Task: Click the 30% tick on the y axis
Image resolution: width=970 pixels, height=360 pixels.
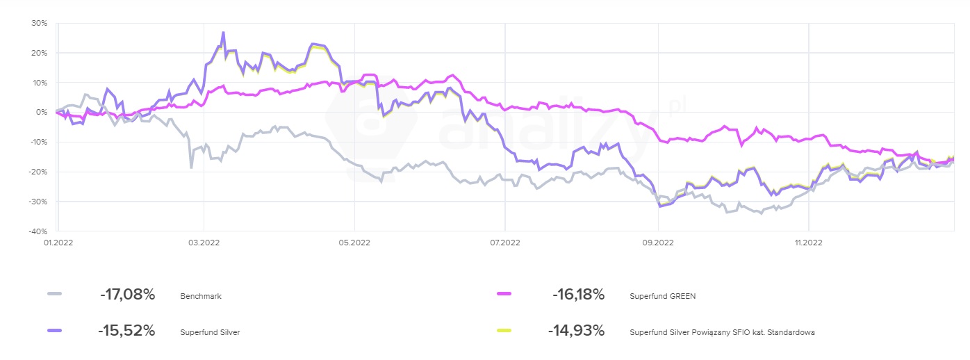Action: (x=40, y=23)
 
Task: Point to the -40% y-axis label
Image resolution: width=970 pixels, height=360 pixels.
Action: (x=38, y=231)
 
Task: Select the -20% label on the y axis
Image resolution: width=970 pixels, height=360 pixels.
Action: (x=38, y=172)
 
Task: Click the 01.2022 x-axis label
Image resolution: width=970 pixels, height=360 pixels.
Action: (x=59, y=243)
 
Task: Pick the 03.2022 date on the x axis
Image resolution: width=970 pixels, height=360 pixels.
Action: (x=204, y=243)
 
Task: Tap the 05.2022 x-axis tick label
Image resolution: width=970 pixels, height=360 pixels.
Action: (x=354, y=243)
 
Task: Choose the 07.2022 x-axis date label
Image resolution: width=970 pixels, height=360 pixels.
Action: (x=505, y=243)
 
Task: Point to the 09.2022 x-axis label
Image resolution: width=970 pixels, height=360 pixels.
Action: (x=657, y=243)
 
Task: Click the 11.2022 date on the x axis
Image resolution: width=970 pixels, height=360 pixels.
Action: (x=808, y=243)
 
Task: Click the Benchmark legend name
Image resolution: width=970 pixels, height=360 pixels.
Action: (x=200, y=295)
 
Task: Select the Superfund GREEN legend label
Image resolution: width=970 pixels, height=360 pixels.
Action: (x=662, y=295)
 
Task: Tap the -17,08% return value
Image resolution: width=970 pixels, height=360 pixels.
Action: (x=127, y=295)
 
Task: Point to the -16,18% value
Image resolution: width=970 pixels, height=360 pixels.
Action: (x=578, y=295)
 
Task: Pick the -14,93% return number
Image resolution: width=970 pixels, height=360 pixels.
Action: (x=576, y=331)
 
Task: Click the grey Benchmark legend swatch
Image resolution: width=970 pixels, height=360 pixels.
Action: (x=54, y=295)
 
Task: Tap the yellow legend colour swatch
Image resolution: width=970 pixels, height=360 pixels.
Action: (x=504, y=330)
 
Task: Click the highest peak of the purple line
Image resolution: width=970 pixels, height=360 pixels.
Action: (x=223, y=32)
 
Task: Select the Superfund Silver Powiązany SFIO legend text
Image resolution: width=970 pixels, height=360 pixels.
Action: (x=722, y=332)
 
